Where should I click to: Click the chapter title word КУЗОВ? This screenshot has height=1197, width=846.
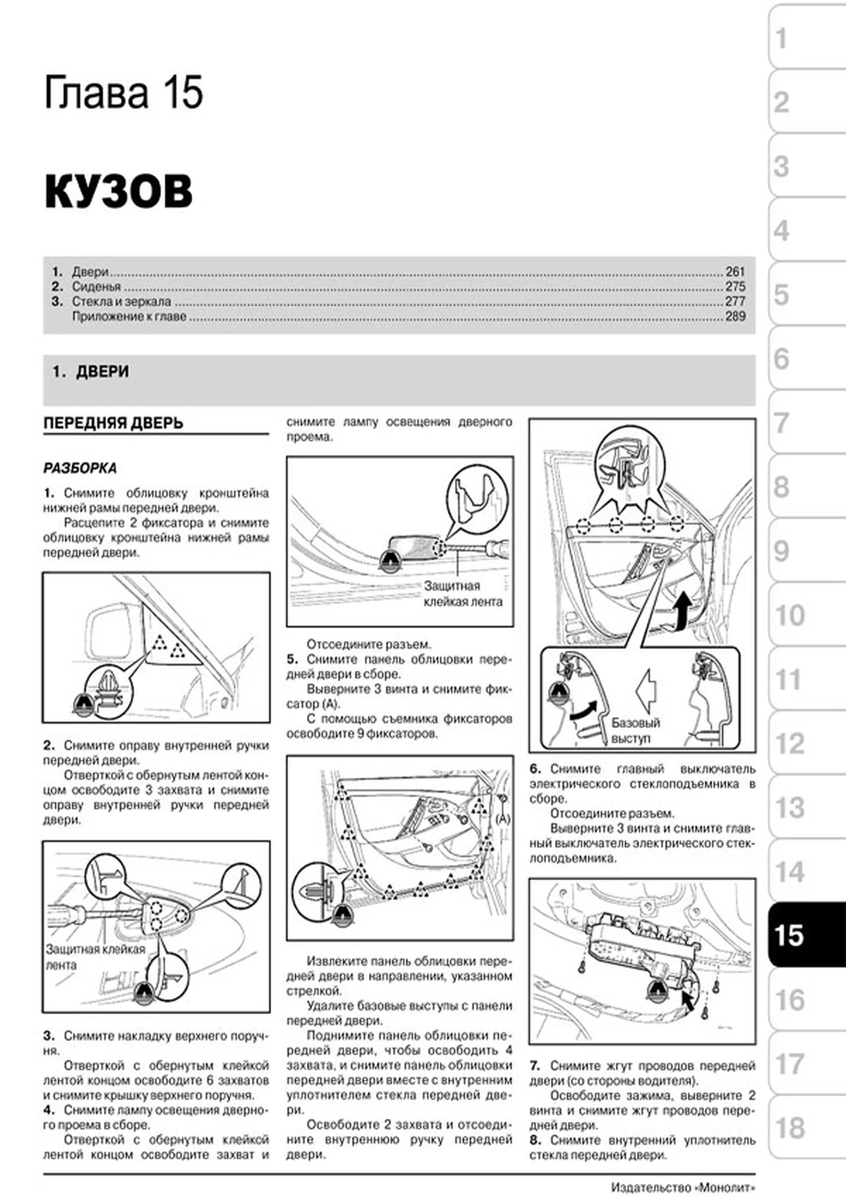[118, 191]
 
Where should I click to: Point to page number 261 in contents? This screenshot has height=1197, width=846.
[735, 271]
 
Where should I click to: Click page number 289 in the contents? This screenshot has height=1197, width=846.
[735, 316]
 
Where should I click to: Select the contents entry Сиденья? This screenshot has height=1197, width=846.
[96, 286]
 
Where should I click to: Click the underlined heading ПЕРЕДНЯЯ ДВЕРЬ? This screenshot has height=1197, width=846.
[113, 423]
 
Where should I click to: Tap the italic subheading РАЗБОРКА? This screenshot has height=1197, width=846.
[80, 468]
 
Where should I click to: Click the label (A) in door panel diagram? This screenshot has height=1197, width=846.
[503, 818]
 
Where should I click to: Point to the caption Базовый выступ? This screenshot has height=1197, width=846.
[635, 730]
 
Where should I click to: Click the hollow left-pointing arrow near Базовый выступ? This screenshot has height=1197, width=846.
[646, 689]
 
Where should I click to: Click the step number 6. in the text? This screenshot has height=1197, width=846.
[535, 769]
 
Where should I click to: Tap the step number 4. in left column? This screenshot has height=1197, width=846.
[49, 1110]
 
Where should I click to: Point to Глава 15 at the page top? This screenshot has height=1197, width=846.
[124, 92]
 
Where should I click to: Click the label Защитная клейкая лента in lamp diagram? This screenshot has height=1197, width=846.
[463, 594]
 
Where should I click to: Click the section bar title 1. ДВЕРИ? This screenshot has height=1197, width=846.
[91, 372]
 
